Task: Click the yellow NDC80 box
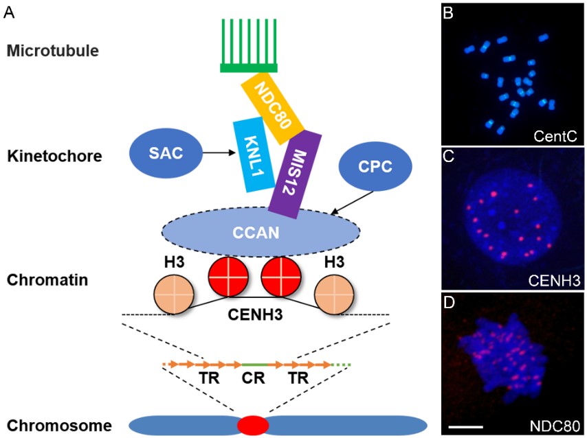pyautogui.click(x=272, y=108)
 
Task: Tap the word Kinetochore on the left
pyautogui.click(x=54, y=157)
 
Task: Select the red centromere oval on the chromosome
pyautogui.click(x=253, y=426)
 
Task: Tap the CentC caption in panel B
pyautogui.click(x=558, y=137)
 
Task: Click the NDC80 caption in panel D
pyautogui.click(x=557, y=424)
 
